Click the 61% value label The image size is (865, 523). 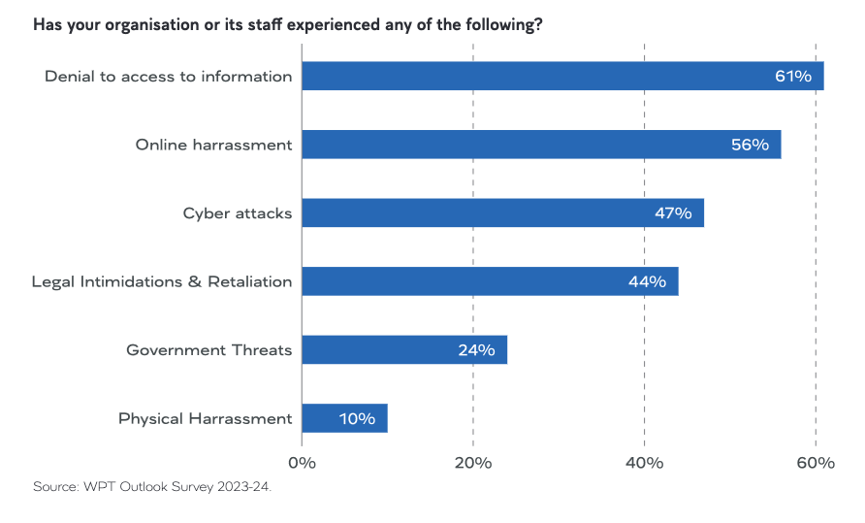click(x=792, y=77)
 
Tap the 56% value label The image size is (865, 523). click(x=750, y=145)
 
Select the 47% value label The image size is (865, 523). click(x=673, y=213)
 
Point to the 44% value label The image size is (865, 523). click(x=647, y=282)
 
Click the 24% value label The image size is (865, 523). click(x=476, y=350)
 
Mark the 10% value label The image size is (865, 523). click(x=357, y=419)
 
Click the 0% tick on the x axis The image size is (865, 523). click(x=303, y=463)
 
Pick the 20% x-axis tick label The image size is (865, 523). click(x=473, y=463)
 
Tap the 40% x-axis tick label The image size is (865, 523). click(x=644, y=463)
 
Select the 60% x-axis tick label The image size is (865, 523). click(x=816, y=463)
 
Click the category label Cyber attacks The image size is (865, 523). click(x=238, y=213)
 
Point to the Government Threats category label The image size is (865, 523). click(x=209, y=350)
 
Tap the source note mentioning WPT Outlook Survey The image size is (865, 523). click(x=152, y=486)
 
